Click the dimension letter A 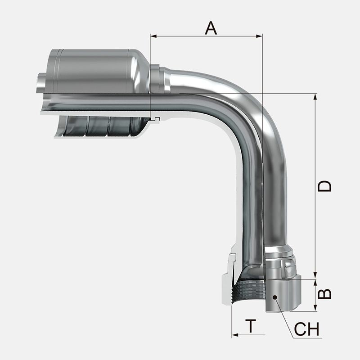pyautogui.click(x=211, y=28)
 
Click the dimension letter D pyautogui.click(x=324, y=186)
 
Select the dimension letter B pyautogui.click(x=324, y=293)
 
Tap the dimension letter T pyautogui.click(x=251, y=325)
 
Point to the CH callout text pyautogui.click(x=306, y=329)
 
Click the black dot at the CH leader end pyautogui.click(x=275, y=297)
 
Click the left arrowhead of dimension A pyautogui.click(x=153, y=36)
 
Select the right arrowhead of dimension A pyautogui.click(x=259, y=36)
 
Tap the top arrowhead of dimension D pyautogui.click(x=315, y=97)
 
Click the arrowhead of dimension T pyautogui.click(x=235, y=335)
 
